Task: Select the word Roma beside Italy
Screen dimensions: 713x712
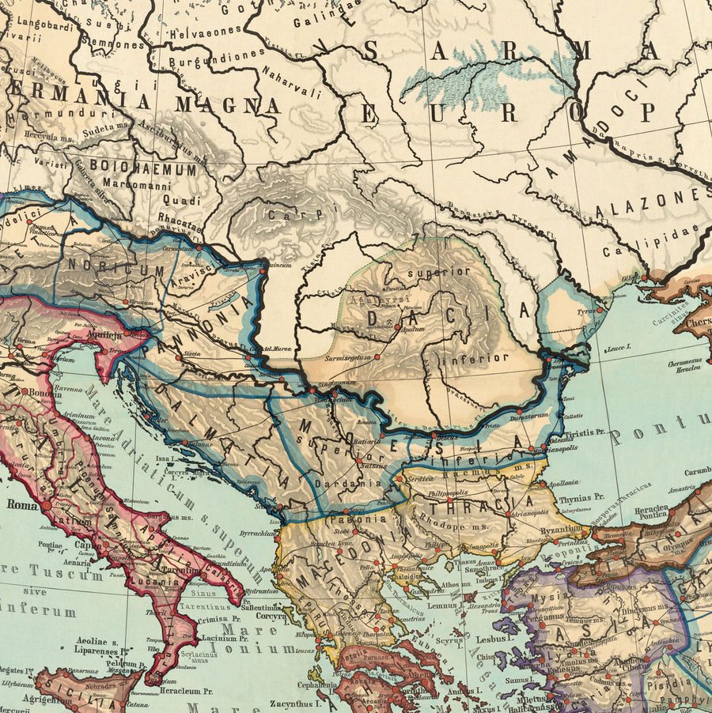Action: [x=24, y=504]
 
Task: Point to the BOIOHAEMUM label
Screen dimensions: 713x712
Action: [x=143, y=168]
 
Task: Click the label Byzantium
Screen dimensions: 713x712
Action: [x=562, y=529]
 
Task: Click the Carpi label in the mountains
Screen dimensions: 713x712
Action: [x=286, y=215]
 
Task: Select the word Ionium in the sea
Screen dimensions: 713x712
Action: [x=268, y=648]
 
